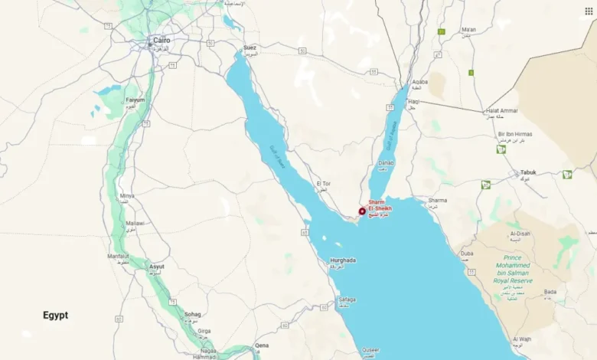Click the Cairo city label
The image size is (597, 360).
161,39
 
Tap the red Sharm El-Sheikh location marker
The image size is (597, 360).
362,211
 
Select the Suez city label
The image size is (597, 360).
250,47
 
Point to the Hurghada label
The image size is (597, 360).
343,260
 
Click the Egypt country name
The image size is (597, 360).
55,315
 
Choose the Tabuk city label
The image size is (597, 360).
528,172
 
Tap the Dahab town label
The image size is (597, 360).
386,162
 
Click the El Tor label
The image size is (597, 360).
323,184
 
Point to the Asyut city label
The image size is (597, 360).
156,267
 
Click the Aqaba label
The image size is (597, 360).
420,81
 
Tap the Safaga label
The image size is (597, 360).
346,299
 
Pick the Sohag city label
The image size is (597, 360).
193,314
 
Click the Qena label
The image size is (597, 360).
262,345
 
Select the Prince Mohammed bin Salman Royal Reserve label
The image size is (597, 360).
512,270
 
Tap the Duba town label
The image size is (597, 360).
467,253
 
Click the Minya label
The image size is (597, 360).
127,195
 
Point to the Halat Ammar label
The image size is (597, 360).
502,111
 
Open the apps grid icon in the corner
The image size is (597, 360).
588,11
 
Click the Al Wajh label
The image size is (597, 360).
523,339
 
